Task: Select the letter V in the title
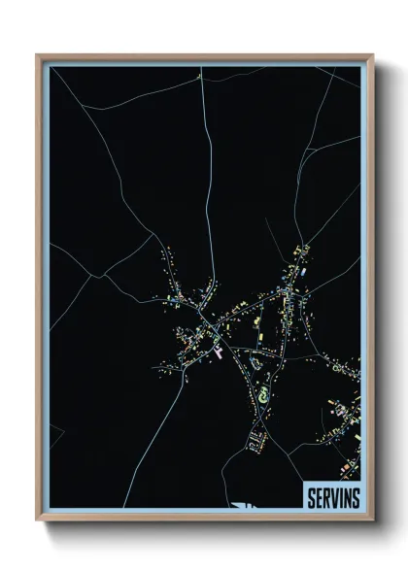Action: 334,498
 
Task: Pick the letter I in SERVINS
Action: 341,498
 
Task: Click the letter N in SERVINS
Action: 347,498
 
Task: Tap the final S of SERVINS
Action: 356,498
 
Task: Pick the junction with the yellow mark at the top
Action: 198,76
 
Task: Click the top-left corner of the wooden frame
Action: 38,55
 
